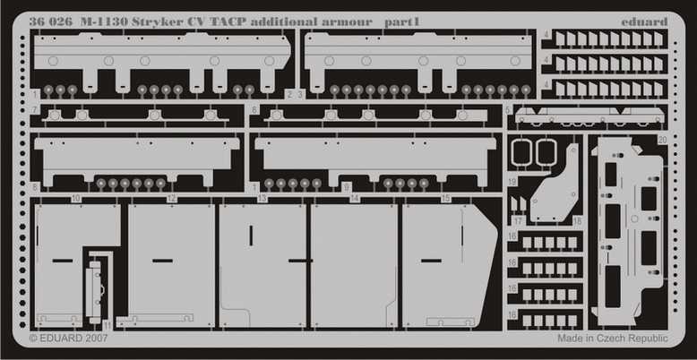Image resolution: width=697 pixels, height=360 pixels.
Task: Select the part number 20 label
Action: pyautogui.click(x=662, y=140)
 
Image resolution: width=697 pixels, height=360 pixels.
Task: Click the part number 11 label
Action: pyautogui.click(x=108, y=324)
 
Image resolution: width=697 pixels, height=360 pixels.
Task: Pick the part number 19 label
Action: pyautogui.click(x=511, y=181)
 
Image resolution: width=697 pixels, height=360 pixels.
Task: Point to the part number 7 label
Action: pyautogui.click(x=34, y=110)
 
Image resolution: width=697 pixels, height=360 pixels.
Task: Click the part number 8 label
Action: pyautogui.click(x=34, y=187)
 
